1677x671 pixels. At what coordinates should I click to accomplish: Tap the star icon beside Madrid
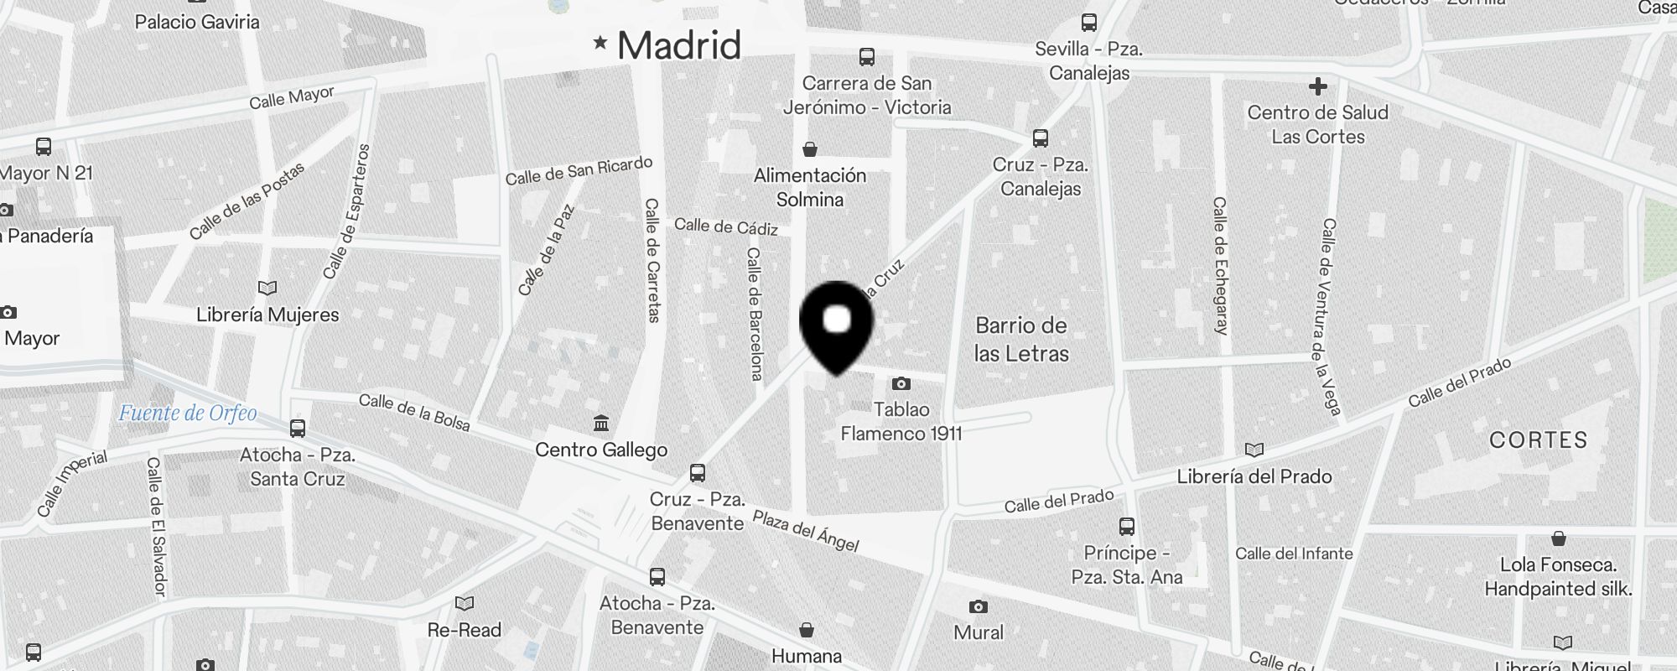coord(600,42)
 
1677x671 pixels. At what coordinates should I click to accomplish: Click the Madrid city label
coord(679,45)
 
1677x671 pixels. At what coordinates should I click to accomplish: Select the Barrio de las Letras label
coord(1021,340)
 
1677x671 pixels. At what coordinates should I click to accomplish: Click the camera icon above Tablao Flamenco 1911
coord(901,384)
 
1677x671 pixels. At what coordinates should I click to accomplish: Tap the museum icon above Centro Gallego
coord(601,424)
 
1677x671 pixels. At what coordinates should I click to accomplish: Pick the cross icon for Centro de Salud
coord(1317,86)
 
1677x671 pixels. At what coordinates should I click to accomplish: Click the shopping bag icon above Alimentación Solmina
coord(810,150)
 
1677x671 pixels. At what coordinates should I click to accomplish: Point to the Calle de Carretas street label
coord(652,260)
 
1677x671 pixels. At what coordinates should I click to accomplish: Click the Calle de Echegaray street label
coord(1220,266)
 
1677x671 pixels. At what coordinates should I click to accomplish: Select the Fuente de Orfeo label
coord(188,413)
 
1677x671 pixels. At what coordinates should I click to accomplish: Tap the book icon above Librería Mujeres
coord(267,289)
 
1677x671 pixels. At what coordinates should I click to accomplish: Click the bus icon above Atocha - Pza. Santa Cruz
coord(298,429)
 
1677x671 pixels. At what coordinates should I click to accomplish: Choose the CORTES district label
coord(1538,440)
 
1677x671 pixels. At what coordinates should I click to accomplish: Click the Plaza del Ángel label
coord(806,531)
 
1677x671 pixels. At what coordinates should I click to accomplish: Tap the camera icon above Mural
coord(978,606)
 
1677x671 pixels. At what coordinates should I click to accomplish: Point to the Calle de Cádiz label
coord(726,226)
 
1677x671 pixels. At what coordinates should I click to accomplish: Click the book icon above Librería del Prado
coord(1254,450)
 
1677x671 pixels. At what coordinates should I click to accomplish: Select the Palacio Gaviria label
coord(197,22)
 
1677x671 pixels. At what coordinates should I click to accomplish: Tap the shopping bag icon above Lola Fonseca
coord(1558,538)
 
